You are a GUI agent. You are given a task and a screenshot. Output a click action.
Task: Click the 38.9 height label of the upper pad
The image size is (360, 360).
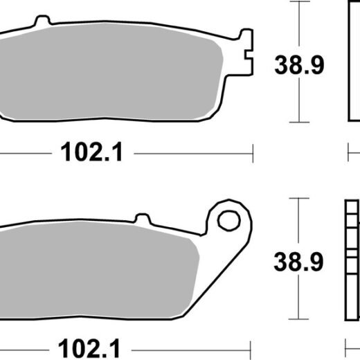click(x=299, y=65)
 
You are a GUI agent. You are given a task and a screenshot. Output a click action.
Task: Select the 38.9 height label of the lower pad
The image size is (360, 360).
click(x=298, y=262)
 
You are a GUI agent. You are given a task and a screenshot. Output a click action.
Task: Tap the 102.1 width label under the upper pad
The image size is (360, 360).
click(x=91, y=152)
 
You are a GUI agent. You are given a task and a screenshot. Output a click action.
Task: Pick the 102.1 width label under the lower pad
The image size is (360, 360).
click(x=89, y=348)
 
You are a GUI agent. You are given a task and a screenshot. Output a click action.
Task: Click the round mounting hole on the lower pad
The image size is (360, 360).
click(x=228, y=220)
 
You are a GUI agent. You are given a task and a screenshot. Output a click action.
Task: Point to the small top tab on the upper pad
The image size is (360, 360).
click(x=42, y=20)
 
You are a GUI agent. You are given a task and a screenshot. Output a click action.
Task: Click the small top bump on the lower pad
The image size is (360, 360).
click(x=143, y=218)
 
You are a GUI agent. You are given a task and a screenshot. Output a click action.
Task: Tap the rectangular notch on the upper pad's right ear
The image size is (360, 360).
click(x=249, y=55)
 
